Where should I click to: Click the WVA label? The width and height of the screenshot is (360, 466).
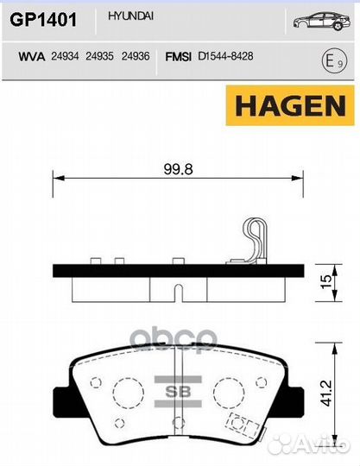click(x=31, y=56)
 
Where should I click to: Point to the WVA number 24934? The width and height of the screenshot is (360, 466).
click(x=66, y=56)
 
